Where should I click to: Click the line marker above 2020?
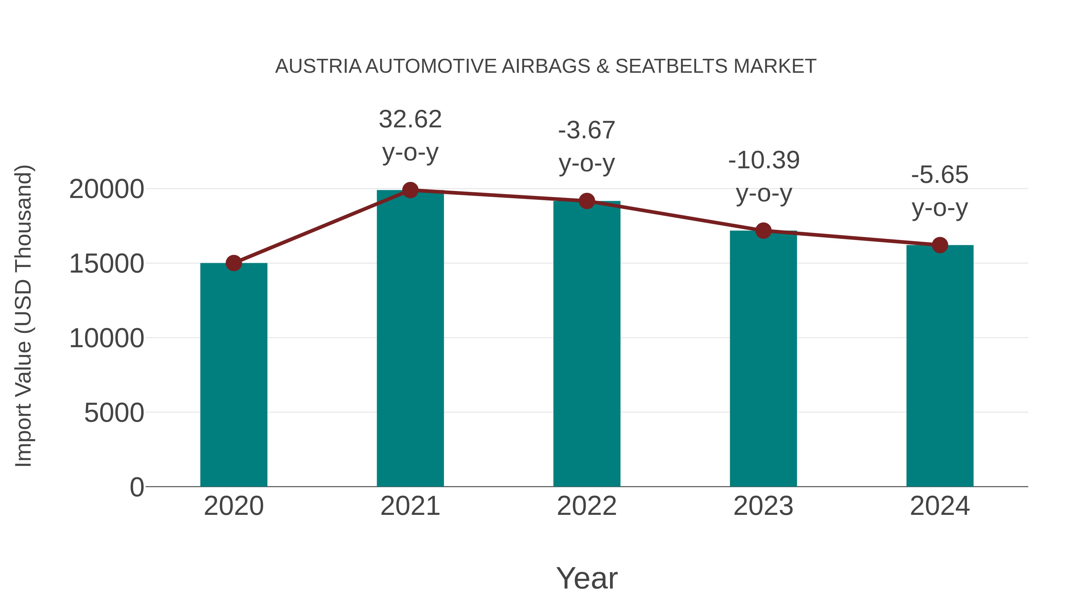(x=234, y=263)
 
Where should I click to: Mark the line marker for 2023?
(x=763, y=231)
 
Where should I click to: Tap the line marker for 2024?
(x=940, y=245)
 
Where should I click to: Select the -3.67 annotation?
(x=587, y=130)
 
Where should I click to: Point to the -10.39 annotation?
(x=763, y=160)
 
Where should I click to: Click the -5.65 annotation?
(x=940, y=175)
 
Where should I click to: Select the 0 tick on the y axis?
(x=137, y=487)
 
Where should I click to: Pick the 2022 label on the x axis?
(x=587, y=506)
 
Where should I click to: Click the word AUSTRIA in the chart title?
(x=318, y=66)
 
